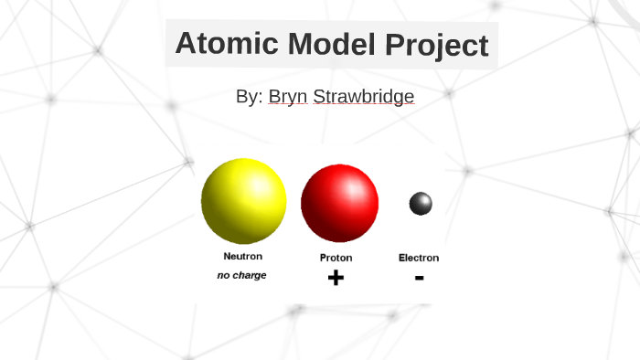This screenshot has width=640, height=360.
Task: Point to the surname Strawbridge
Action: [x=363, y=96]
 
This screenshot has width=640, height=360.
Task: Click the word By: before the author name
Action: [x=249, y=96]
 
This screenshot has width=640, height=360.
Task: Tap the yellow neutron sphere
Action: [x=243, y=201]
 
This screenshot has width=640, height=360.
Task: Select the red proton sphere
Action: [x=339, y=203]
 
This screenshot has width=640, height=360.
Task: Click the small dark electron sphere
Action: [x=421, y=204]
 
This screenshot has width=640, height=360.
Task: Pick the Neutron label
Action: [x=242, y=256]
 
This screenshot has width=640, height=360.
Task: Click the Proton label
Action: [x=336, y=258]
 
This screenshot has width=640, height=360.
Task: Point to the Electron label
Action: [x=419, y=258]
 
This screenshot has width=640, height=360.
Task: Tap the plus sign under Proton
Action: [x=336, y=278]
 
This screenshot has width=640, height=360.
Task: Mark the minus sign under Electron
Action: [x=419, y=277]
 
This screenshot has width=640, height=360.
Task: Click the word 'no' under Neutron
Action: [x=223, y=275]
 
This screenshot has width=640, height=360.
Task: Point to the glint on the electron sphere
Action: [x=423, y=200]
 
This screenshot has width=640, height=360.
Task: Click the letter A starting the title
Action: [x=186, y=44]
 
